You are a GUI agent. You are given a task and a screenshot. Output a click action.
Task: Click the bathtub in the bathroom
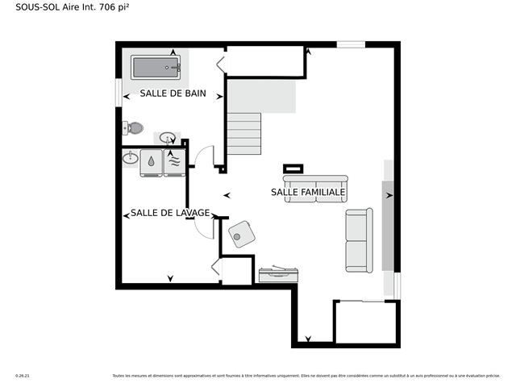tap(155, 67)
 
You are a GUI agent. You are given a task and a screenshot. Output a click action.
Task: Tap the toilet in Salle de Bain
tap(133, 127)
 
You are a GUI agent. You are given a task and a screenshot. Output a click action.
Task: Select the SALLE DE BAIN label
tap(173, 94)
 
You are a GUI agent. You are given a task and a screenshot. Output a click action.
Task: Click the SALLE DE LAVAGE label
tap(170, 213)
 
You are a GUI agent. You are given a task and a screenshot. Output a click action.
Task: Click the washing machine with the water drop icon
tap(151, 160)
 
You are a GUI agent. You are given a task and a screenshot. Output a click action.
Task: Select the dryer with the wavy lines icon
tap(173, 160)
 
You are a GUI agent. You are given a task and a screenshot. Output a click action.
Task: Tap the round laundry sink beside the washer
tap(131, 158)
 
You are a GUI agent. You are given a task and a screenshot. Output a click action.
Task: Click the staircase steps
tap(243, 133)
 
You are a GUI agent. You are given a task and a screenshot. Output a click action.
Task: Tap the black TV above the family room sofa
tap(293, 169)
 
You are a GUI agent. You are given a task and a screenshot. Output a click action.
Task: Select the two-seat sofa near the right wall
tap(358, 240)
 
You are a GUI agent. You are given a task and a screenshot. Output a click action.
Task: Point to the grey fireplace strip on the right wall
tap(388, 216)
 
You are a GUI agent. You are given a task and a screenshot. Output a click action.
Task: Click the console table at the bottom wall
tap(279, 274)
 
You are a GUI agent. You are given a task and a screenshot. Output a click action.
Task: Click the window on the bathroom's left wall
tap(119, 89)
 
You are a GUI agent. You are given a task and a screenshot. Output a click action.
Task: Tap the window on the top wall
tap(351, 44)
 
